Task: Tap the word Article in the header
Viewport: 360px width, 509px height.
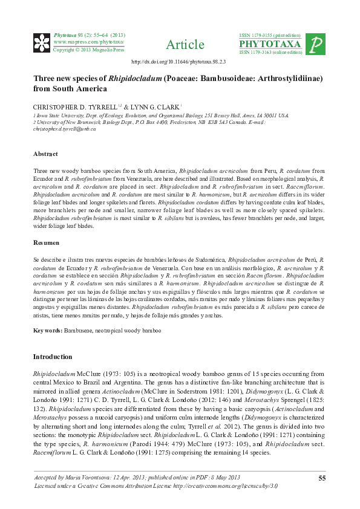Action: tap(185, 45)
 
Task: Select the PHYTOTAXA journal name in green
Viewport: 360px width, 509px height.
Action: tap(270, 44)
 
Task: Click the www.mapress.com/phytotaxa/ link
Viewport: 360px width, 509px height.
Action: tap(89, 42)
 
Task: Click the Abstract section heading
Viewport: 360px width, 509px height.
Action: tap(45, 154)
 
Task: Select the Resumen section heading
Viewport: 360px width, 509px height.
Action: tap(47, 243)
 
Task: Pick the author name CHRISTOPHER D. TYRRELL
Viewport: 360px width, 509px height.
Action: tap(75, 106)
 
